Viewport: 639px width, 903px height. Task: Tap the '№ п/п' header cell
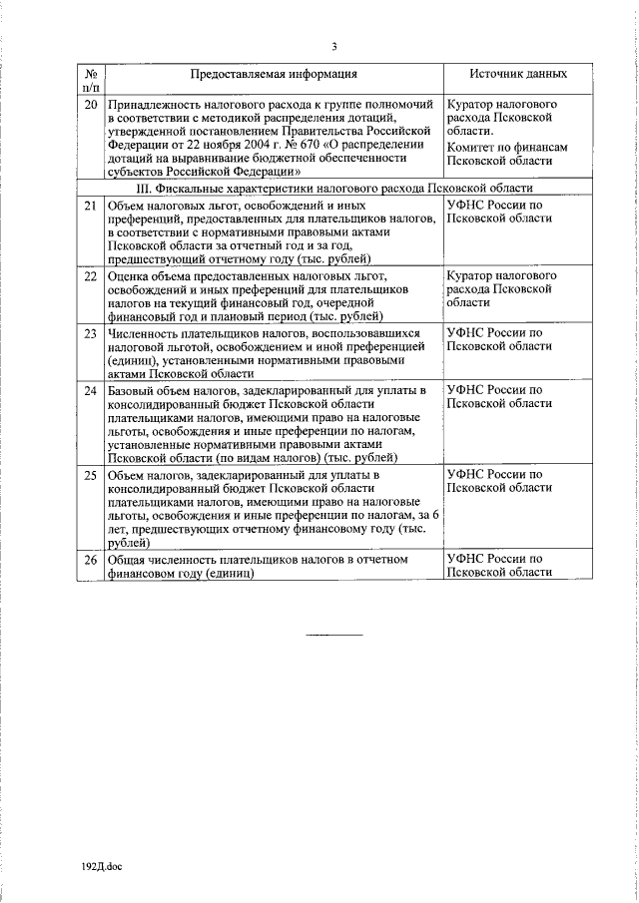pos(91,80)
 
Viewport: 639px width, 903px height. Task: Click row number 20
pos(91,104)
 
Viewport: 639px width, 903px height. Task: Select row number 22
pos(91,275)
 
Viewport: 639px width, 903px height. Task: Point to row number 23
pos(91,332)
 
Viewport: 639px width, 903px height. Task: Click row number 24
pos(91,389)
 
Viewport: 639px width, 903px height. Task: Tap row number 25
pos(91,475)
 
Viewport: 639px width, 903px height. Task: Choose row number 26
pos(91,560)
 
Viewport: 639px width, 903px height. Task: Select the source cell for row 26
pos(498,566)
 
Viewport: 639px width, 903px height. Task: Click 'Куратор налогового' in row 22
pos(502,274)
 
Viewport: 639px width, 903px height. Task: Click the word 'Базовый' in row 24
pos(132,389)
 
